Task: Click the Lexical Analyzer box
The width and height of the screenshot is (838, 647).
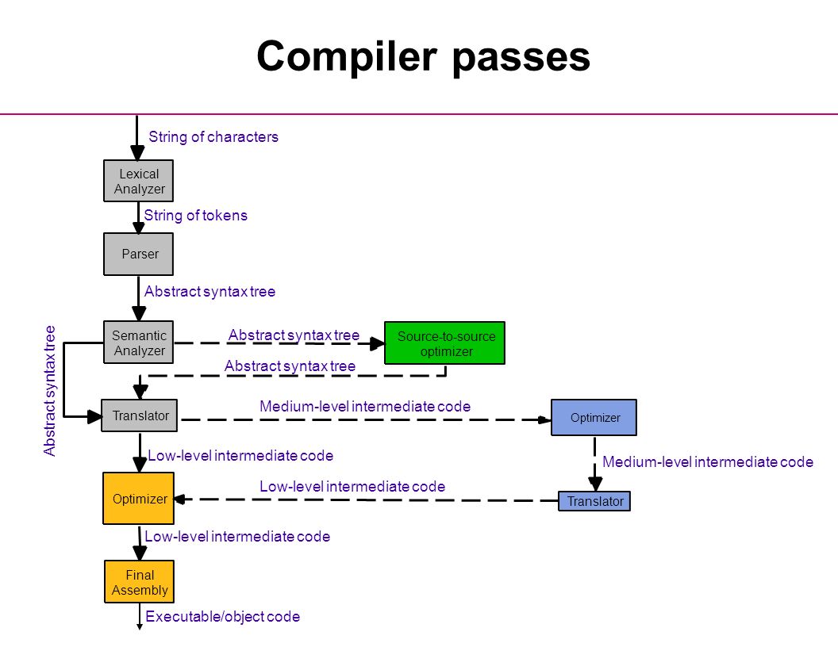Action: (x=138, y=181)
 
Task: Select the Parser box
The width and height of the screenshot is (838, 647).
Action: (x=138, y=254)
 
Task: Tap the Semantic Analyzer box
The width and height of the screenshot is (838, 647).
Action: (x=138, y=343)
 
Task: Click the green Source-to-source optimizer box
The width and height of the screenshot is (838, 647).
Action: (x=444, y=343)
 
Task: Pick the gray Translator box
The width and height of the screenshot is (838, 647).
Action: (x=140, y=415)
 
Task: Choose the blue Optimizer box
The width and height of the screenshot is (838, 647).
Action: (x=594, y=417)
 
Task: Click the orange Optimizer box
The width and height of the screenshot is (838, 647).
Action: (x=138, y=499)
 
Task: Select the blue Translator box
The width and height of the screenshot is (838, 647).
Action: (x=594, y=501)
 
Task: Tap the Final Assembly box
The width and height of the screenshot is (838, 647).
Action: (x=139, y=582)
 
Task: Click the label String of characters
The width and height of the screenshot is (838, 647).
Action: (x=213, y=137)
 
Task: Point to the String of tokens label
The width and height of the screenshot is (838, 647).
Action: (x=195, y=216)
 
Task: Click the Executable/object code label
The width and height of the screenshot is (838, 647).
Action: (x=222, y=617)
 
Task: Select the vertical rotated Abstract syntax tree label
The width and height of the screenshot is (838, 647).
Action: (x=49, y=391)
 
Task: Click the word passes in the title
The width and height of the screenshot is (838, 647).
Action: (x=521, y=58)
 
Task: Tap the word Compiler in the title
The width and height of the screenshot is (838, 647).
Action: (x=346, y=56)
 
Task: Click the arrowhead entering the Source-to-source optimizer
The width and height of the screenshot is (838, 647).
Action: (x=377, y=344)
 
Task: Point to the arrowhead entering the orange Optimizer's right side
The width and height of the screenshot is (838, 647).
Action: (x=180, y=500)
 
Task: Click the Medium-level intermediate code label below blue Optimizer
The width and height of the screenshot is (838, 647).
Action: (x=708, y=462)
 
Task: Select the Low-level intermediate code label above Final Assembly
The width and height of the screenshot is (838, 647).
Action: (x=237, y=537)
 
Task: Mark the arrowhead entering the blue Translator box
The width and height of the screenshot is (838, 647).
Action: (x=595, y=484)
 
